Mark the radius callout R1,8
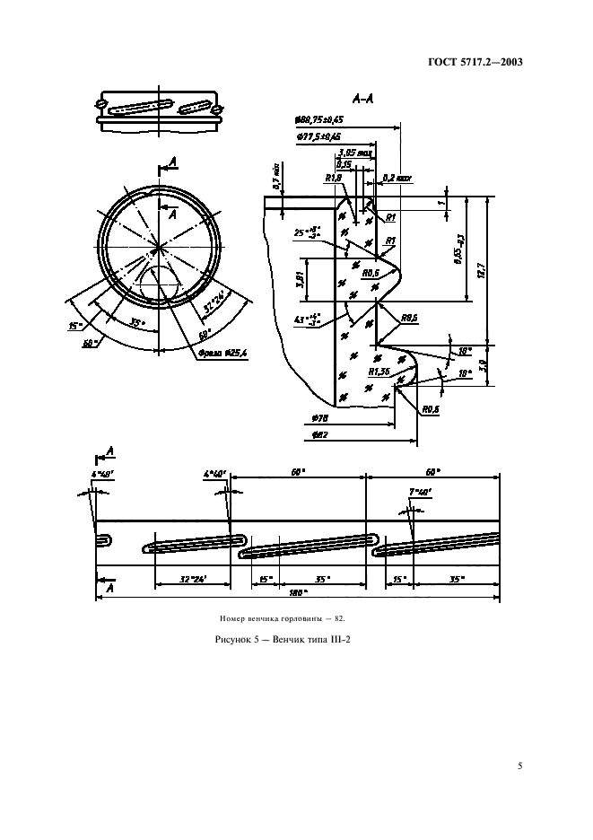tap(332, 178)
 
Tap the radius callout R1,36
tap(379, 371)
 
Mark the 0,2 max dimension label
tap(396, 179)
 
